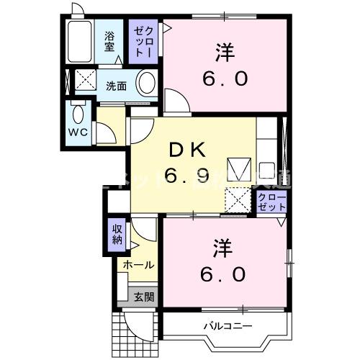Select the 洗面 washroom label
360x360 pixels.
[117, 86]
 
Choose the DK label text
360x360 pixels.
[189, 150]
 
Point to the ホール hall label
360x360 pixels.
[138, 265]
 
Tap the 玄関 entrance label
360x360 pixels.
[144, 297]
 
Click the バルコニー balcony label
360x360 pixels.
[228, 327]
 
